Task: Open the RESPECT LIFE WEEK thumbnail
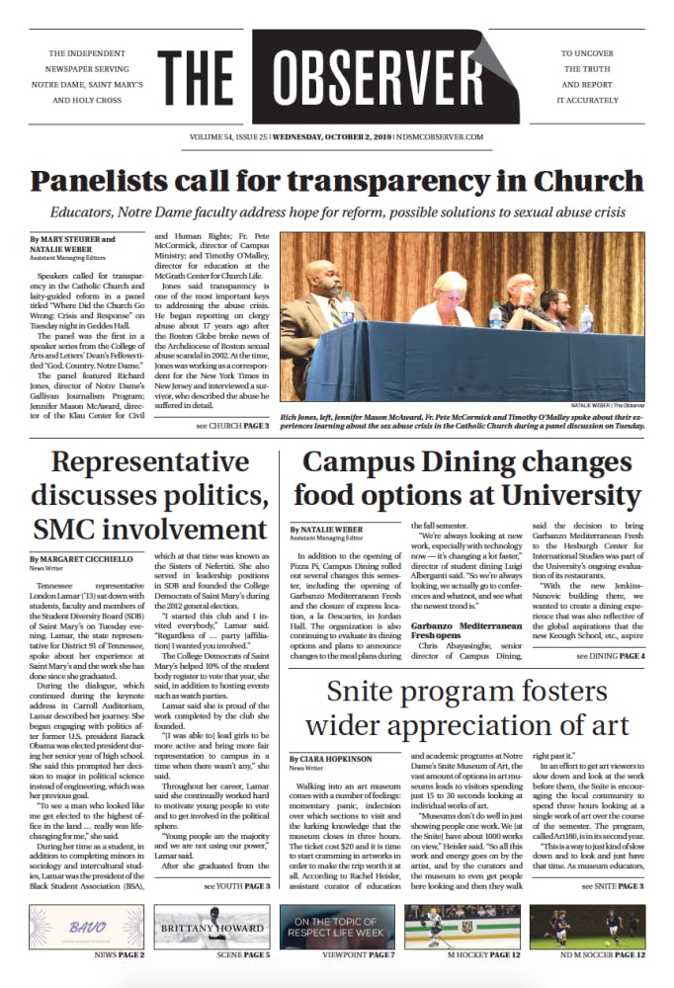(337, 934)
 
